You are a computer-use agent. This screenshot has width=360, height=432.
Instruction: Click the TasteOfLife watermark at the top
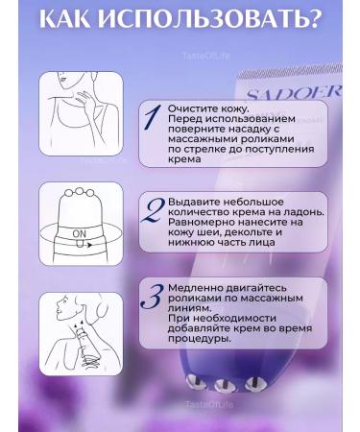click(202, 56)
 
